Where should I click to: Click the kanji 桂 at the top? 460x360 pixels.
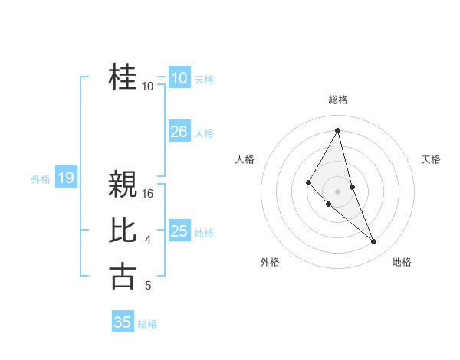coord(123,77)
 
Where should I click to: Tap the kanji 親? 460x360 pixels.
coord(123,185)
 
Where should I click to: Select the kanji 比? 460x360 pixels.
coord(123,231)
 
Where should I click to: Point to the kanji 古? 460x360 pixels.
coord(123,277)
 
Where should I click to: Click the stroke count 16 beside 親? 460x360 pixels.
coord(149,194)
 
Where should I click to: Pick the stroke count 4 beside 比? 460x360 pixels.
coord(148,241)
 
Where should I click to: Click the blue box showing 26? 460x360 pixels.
coord(179,132)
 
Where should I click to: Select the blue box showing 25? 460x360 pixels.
coord(179,231)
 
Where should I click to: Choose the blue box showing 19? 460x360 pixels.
coord(65,178)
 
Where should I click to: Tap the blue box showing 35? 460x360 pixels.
coord(123,322)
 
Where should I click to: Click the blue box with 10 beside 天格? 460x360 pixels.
coord(179,78)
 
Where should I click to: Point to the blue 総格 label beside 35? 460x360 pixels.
coord(147,324)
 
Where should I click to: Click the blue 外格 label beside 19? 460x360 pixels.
coord(41,179)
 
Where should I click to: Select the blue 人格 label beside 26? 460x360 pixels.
coord(204,133)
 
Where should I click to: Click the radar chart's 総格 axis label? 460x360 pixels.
coord(337,100)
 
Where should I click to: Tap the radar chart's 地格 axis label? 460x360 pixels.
coord(402,262)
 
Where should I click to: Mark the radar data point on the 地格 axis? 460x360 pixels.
coord(374,242)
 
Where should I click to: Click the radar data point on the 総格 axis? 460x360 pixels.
coord(337,130)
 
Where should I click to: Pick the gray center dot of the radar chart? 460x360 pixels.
coord(337,191)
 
